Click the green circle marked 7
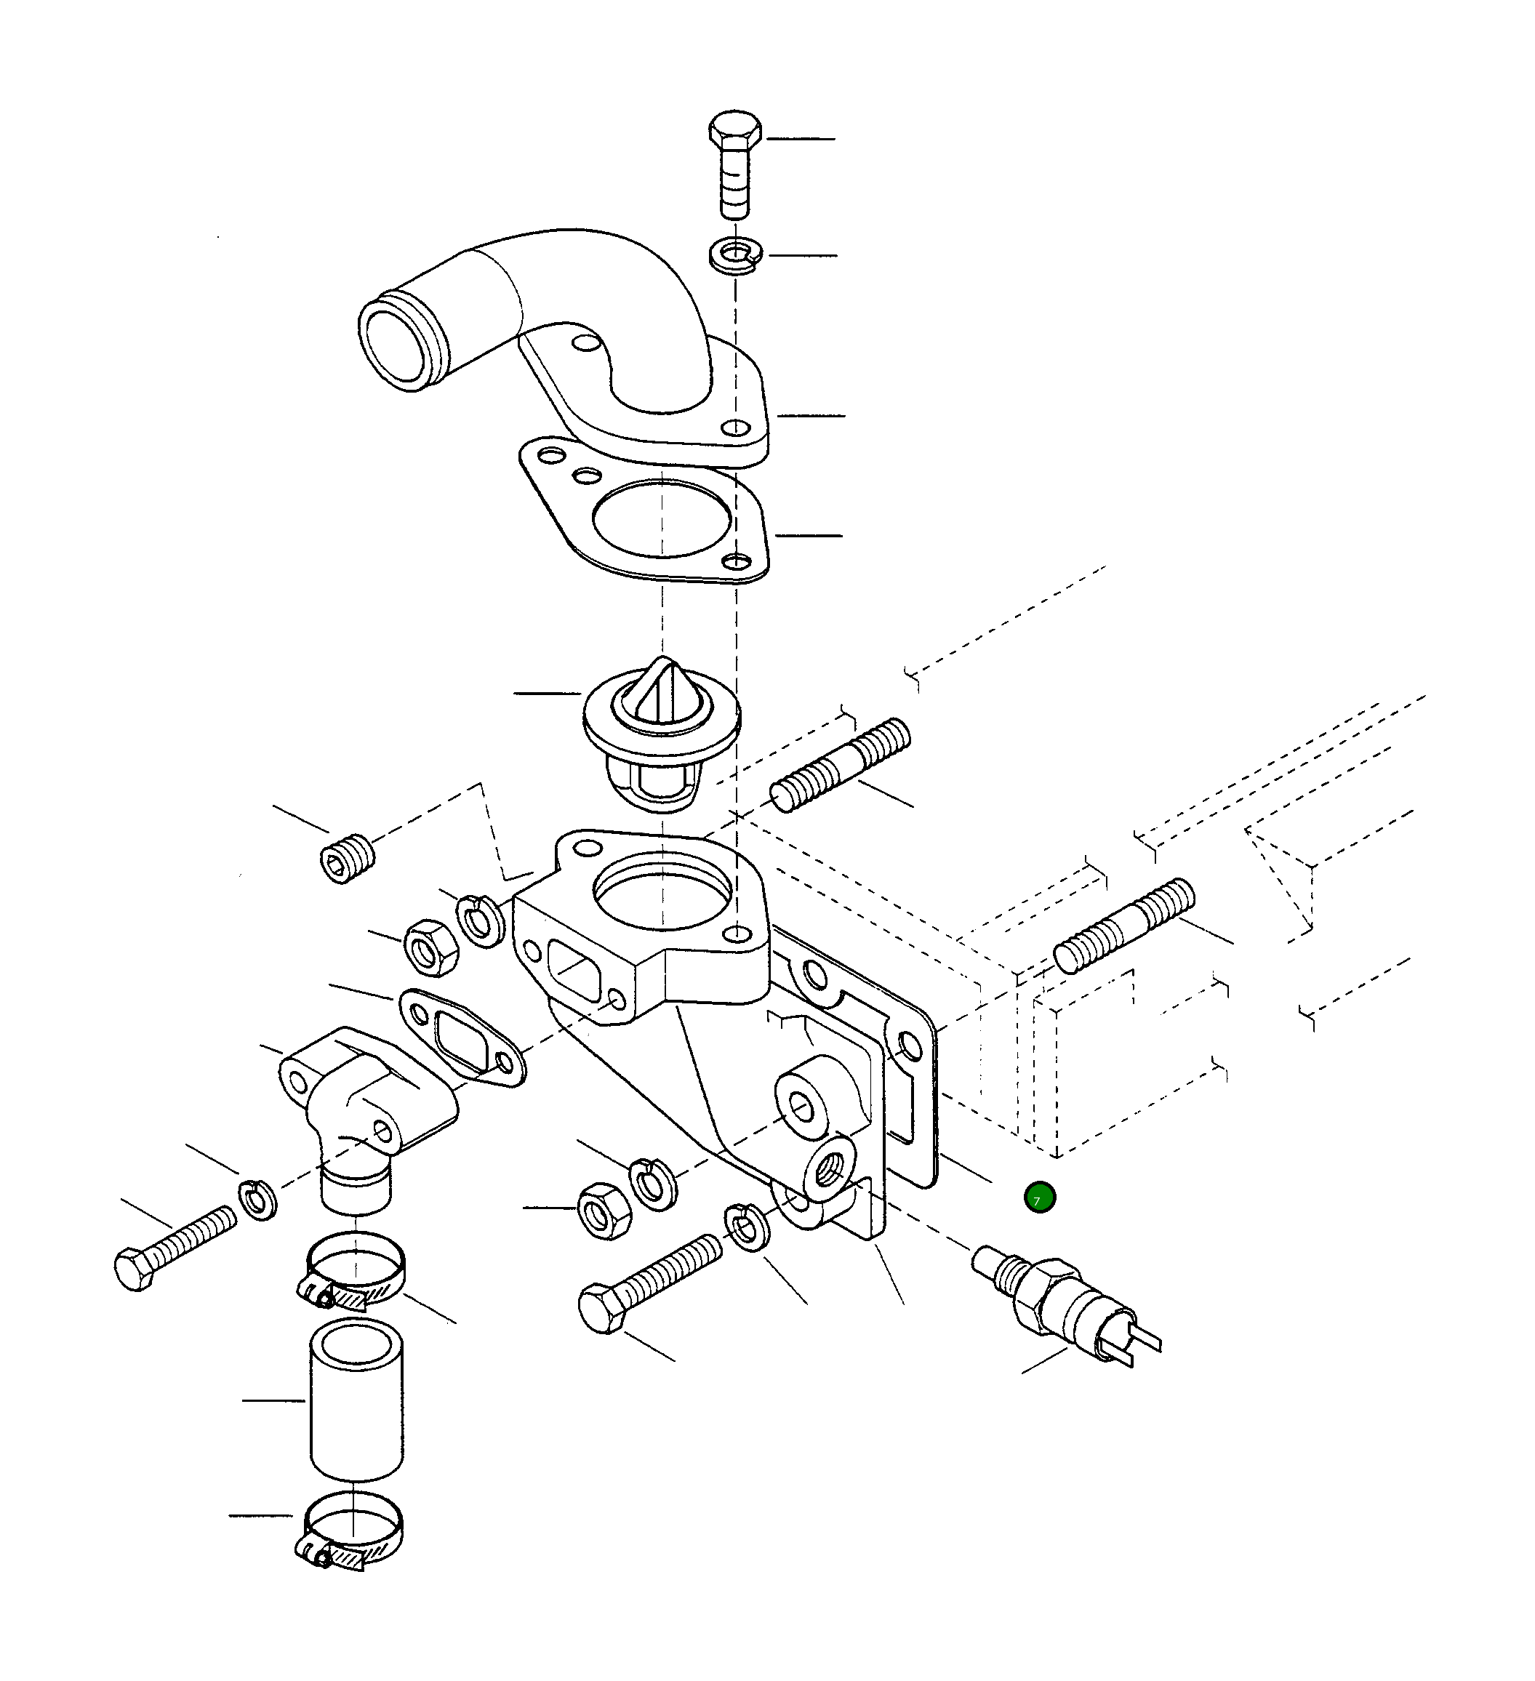click(x=1040, y=1198)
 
